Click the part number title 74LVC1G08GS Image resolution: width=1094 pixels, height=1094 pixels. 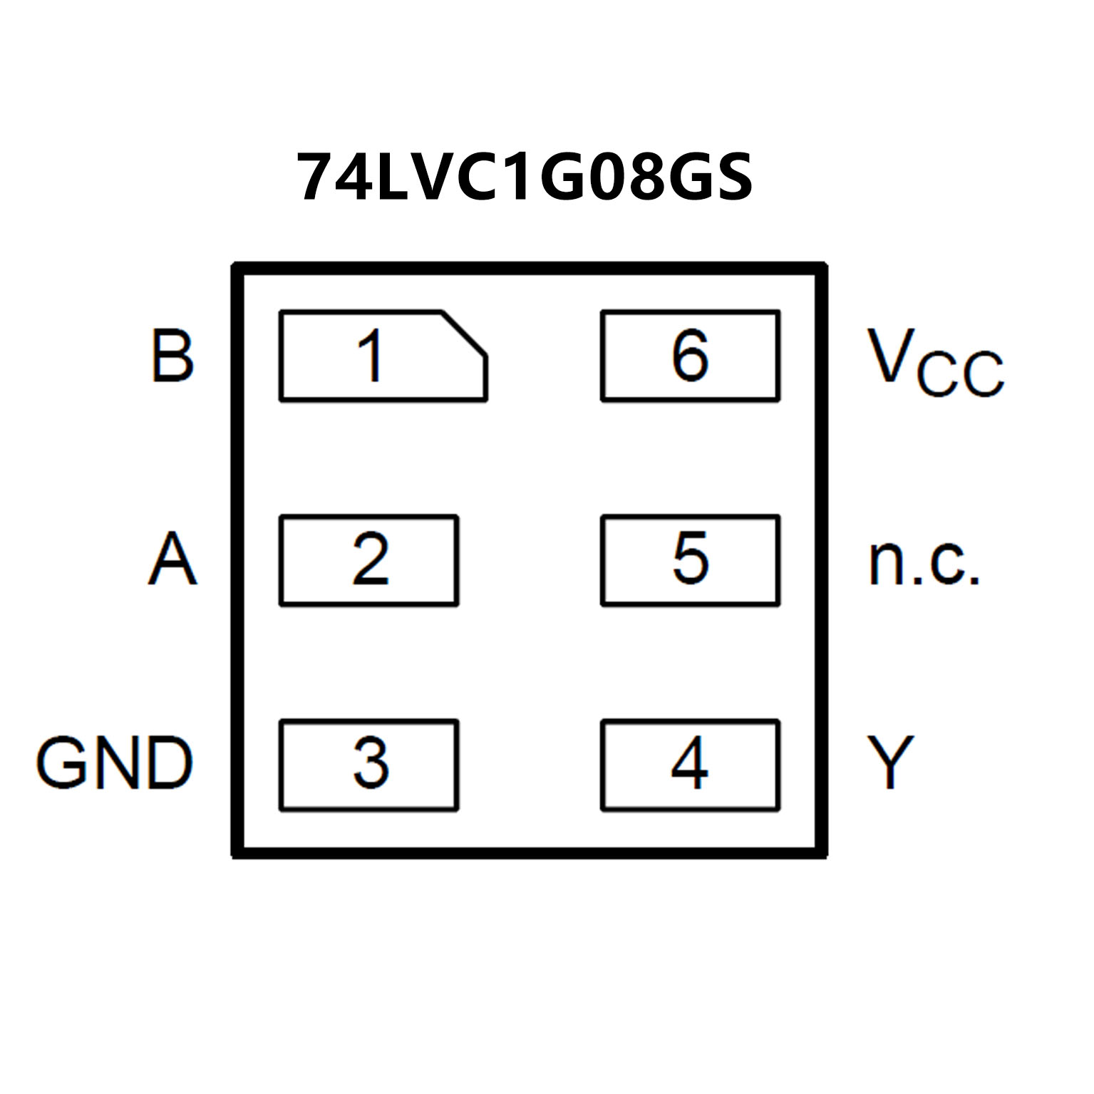(x=525, y=176)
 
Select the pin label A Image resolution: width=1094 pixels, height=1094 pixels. (x=172, y=559)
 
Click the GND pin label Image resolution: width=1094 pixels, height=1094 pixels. (x=115, y=763)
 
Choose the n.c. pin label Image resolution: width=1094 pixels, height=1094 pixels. (x=924, y=563)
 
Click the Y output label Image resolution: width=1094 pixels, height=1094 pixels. (x=890, y=763)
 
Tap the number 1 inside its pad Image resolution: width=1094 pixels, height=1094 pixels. (x=371, y=356)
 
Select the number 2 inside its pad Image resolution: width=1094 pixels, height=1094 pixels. (x=371, y=559)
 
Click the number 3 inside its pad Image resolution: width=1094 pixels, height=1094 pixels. (x=371, y=763)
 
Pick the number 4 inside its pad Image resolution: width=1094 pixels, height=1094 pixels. (x=690, y=763)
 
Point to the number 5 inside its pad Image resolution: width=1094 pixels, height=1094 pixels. (x=691, y=559)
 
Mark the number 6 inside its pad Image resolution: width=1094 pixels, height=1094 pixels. (x=690, y=356)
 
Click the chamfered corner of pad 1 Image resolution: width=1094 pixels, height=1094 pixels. (x=465, y=333)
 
